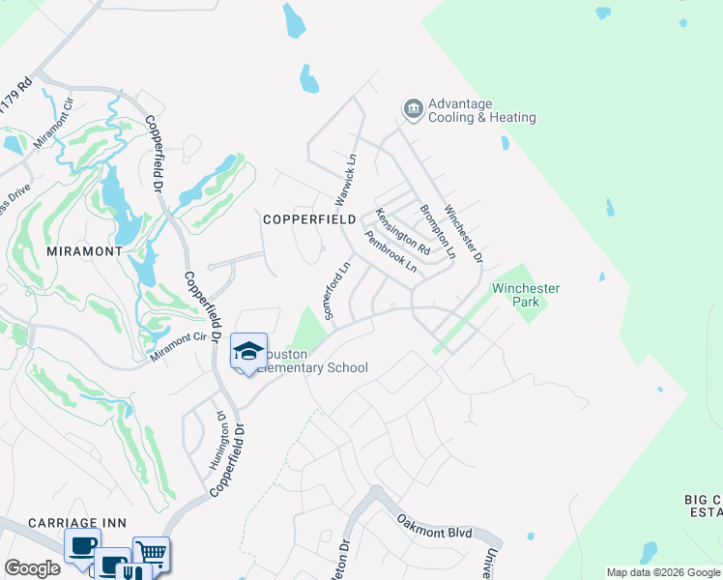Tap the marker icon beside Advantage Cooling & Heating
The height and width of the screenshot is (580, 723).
pyautogui.click(x=413, y=108)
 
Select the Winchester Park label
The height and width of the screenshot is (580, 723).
pyautogui.click(x=526, y=295)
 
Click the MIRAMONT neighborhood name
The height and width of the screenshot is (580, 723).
pyautogui.click(x=84, y=250)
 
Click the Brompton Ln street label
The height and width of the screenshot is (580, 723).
pyautogui.click(x=437, y=230)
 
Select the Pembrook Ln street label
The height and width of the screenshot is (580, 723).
pyautogui.click(x=390, y=250)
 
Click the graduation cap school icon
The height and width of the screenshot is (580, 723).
pyautogui.click(x=248, y=350)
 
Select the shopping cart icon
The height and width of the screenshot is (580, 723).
pyautogui.click(x=151, y=552)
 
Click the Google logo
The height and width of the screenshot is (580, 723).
pyautogui.click(x=32, y=568)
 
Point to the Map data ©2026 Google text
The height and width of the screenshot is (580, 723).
pyautogui.click(x=663, y=572)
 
